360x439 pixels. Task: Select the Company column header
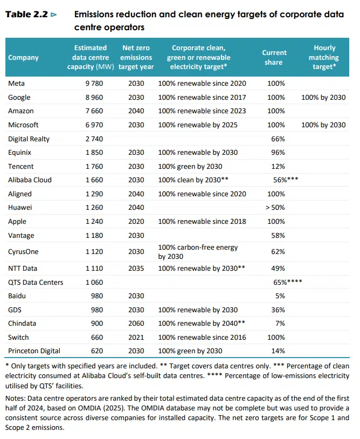click(x=24, y=58)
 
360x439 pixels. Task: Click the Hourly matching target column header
click(x=324, y=57)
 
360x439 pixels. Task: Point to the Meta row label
click(x=17, y=84)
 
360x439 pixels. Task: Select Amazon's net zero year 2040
click(x=136, y=111)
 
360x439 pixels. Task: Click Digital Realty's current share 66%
click(x=276, y=139)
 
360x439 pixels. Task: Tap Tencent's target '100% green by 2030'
click(x=190, y=167)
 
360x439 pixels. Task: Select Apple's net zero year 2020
click(x=136, y=222)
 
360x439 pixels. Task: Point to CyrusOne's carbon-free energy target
click(x=198, y=252)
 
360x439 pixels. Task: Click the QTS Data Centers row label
click(x=36, y=282)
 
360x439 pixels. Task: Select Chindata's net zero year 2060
click(x=136, y=324)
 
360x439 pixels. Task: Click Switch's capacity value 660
click(x=94, y=338)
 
